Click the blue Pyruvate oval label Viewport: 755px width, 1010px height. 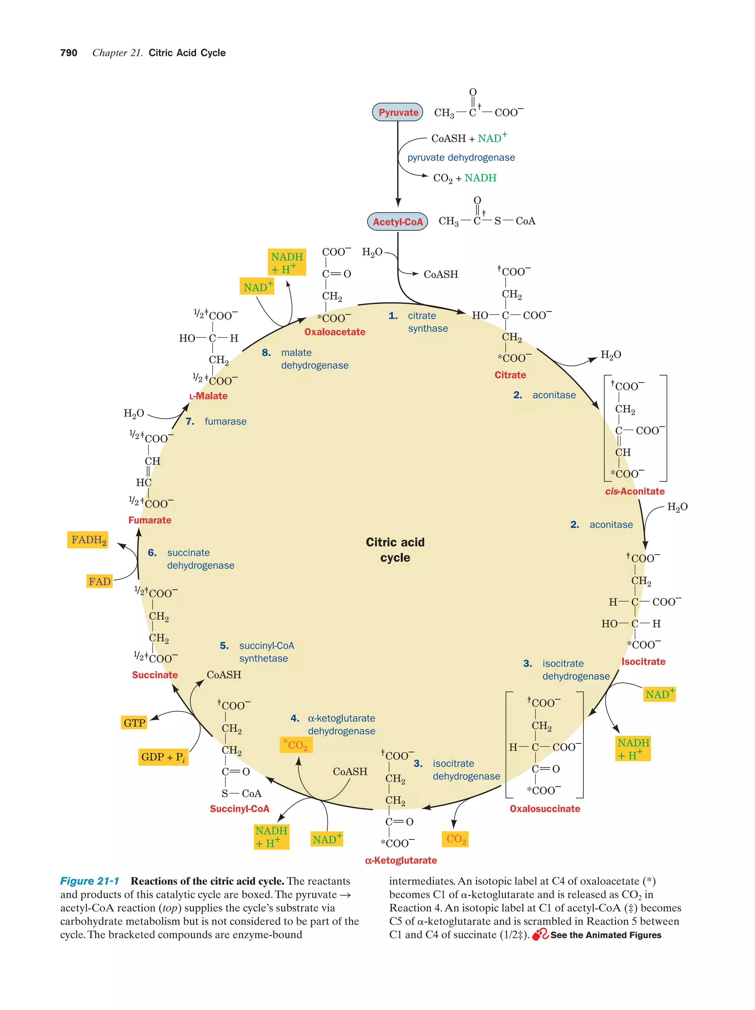pos(397,112)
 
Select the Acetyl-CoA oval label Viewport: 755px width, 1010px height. pos(397,222)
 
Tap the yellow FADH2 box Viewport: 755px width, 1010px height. pos(88,540)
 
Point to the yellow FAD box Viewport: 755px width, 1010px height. pos(100,581)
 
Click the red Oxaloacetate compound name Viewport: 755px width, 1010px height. pos(335,332)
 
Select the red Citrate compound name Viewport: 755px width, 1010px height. pos(510,375)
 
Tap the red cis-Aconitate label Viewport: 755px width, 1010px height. pos(634,491)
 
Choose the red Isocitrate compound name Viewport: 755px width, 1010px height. pos(643,662)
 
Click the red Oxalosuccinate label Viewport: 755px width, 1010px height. pos(545,809)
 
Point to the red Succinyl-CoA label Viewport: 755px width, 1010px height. pos(239,809)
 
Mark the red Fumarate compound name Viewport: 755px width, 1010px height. pos(150,520)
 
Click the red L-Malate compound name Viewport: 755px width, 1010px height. pos(208,396)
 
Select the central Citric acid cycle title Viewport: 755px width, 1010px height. pos(395,550)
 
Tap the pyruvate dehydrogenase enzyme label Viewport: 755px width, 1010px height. pos(461,158)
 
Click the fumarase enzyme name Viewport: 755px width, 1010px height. pos(225,422)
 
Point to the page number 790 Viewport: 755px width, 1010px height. pos(69,53)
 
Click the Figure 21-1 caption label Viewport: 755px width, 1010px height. pos(90,881)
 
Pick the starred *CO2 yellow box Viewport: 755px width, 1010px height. pos(296,745)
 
